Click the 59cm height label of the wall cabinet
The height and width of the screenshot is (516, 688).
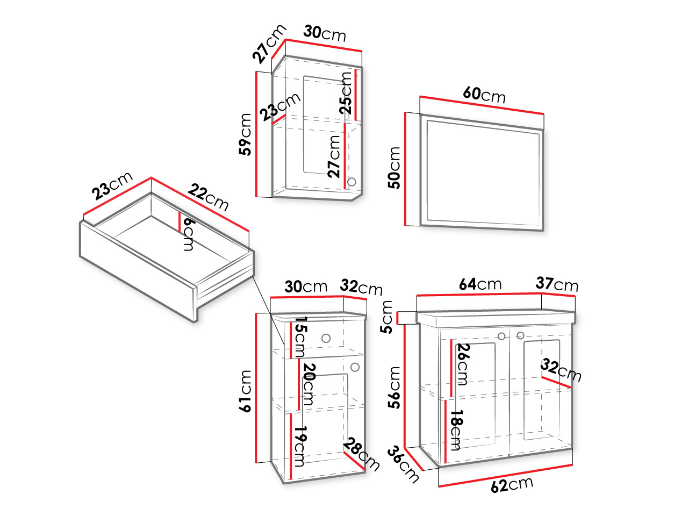tap(245, 135)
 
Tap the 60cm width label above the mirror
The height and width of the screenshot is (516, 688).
tap(484, 95)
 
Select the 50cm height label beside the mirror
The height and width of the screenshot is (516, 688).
tap(394, 168)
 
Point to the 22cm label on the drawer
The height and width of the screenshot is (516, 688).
tap(208, 198)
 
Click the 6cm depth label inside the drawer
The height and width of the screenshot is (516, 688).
tap(189, 235)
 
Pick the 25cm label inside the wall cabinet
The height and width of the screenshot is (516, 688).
tap(346, 93)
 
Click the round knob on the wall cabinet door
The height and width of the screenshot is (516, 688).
tap(352, 182)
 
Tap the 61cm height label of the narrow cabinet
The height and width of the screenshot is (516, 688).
tap(245, 391)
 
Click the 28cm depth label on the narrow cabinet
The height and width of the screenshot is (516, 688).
tap(362, 454)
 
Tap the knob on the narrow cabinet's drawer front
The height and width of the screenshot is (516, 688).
tap(326, 339)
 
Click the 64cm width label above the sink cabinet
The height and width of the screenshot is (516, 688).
tap(480, 284)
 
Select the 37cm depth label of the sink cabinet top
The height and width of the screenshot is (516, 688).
tap(557, 284)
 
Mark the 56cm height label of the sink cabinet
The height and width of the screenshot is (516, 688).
tap(394, 388)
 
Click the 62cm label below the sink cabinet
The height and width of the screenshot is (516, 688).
tap(512, 485)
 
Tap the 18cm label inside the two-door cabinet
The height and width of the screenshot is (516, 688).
tap(455, 430)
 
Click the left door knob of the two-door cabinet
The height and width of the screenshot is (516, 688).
tap(501, 336)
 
